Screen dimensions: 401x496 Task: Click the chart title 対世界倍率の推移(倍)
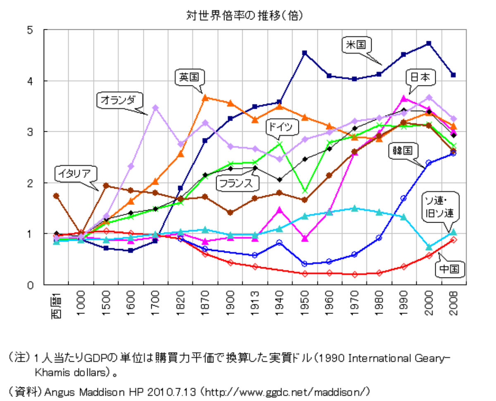246,16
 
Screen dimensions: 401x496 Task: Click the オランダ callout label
119,100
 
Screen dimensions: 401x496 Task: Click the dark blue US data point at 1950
305,53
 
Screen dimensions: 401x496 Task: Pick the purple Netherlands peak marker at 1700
155,108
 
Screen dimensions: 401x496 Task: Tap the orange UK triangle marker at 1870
205,97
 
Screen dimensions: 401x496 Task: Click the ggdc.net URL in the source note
286,390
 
